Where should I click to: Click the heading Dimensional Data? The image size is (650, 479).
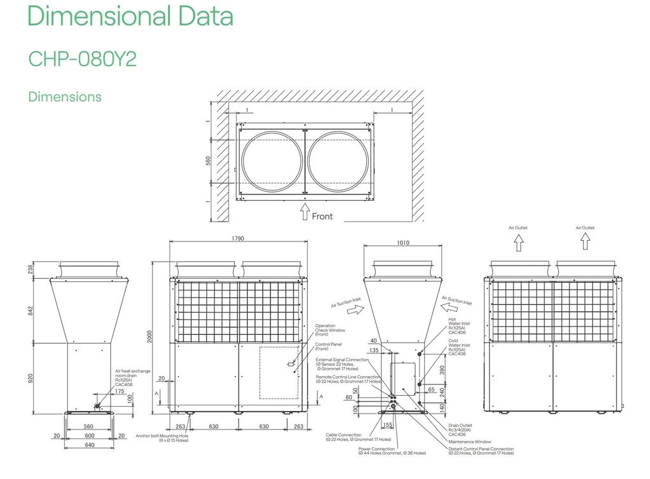130,16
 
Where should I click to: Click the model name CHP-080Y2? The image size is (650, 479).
83,58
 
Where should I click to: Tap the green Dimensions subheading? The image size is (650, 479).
65,97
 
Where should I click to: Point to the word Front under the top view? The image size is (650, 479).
322,216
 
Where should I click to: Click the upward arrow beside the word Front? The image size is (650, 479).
305,212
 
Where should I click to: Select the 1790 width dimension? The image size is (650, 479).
238,239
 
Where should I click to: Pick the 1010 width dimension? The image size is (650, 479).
403,243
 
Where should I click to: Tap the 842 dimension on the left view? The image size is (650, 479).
30,309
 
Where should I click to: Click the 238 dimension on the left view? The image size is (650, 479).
30,269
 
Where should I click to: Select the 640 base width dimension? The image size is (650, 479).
89,445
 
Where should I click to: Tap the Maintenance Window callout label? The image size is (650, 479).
469,442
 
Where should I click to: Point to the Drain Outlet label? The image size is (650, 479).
460,426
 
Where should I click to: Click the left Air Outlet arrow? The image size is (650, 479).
518,242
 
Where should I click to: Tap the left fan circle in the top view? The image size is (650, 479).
272,161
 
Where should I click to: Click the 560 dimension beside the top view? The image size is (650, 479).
208,161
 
